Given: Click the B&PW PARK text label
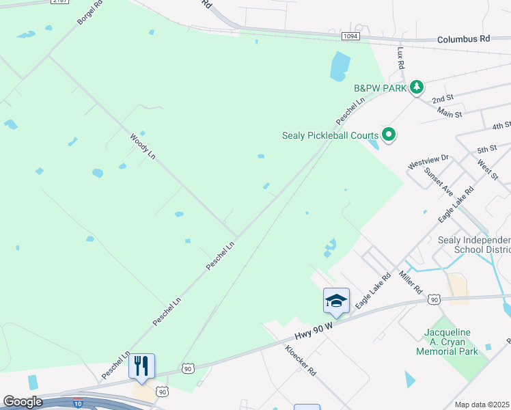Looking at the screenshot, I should point(380,88).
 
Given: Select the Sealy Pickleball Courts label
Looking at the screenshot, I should point(330,135).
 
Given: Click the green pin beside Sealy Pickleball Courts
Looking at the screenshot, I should point(389,135).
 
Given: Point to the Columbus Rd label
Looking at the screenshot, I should point(464,40).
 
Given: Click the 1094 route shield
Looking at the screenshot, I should point(350,36).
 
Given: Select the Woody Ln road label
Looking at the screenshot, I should point(143,146).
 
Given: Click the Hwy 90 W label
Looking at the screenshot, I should point(314,331).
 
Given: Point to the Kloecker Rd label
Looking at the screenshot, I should point(301,360).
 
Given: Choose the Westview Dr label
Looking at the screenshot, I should point(428,162).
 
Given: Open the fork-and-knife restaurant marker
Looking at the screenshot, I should point(141,366).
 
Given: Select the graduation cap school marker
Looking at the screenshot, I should point(336,301).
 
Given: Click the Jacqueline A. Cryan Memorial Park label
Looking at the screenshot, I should point(448,342).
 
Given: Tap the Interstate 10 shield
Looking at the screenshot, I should point(79,402).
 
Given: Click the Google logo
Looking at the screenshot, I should point(23,401).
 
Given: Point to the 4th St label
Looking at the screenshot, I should point(501,125).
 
